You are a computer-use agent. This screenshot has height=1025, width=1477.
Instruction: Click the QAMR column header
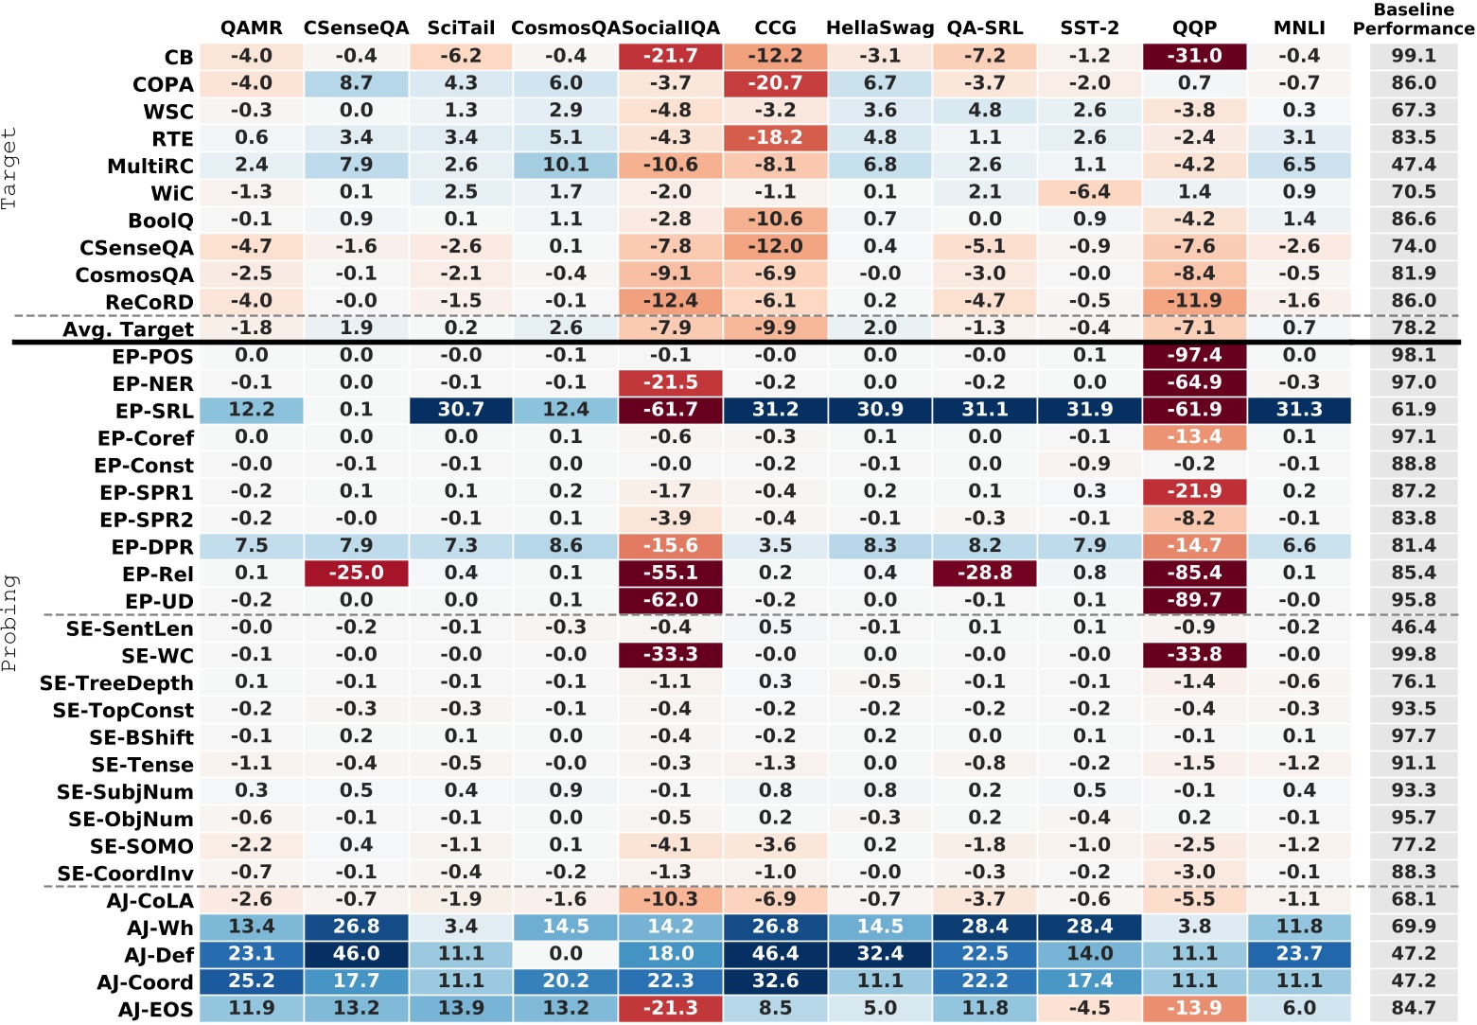tap(251, 28)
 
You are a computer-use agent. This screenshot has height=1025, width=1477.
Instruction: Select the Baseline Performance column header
tap(1414, 19)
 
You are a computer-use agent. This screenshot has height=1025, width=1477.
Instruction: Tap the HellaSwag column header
tap(880, 28)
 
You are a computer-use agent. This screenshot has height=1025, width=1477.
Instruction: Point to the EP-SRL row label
tap(154, 412)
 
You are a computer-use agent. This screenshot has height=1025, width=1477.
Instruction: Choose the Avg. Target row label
tap(128, 330)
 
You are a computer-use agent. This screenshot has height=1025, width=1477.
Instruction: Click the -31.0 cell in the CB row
tap(1194, 57)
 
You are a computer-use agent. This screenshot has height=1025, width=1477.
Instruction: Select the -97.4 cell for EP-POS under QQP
tap(1194, 356)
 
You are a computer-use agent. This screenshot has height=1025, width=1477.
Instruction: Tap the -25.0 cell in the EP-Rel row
tap(356, 574)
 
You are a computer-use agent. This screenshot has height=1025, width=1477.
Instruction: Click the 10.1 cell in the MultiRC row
tap(566, 166)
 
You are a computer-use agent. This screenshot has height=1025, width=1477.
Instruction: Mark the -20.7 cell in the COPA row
tap(775, 84)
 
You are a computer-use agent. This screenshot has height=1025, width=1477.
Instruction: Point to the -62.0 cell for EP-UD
tap(670, 601)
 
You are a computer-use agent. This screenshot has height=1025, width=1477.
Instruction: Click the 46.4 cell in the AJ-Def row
tap(775, 954)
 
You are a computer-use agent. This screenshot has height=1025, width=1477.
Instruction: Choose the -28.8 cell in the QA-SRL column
tap(985, 574)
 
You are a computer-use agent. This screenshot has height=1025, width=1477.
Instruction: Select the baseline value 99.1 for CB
tap(1414, 57)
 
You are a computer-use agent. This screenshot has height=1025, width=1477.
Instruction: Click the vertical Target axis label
tap(9, 168)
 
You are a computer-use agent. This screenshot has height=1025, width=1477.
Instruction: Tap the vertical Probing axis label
tap(9, 623)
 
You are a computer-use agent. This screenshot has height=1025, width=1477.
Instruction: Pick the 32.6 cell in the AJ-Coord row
tap(775, 981)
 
